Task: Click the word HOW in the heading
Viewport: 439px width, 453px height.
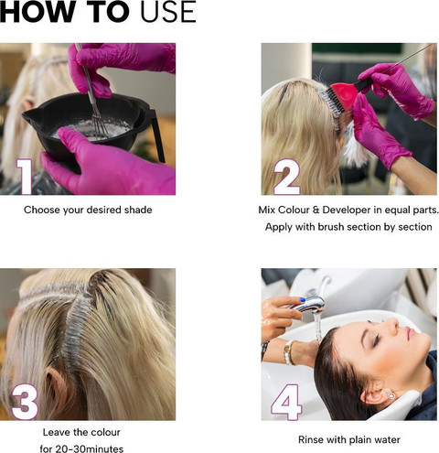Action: [x=37, y=12]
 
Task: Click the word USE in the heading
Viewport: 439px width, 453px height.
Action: [x=168, y=12]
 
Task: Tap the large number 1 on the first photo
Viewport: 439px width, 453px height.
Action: [x=25, y=176]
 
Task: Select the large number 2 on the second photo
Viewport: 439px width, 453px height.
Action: [x=287, y=177]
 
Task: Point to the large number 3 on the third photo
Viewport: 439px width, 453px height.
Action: [x=25, y=402]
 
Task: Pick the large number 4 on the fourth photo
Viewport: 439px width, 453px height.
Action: [x=286, y=402]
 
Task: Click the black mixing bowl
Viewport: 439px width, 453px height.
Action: [x=89, y=126]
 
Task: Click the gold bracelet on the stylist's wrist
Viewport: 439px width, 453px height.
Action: [x=289, y=352]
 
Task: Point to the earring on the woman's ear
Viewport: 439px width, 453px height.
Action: [x=391, y=395]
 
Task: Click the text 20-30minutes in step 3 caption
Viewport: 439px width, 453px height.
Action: [x=90, y=448]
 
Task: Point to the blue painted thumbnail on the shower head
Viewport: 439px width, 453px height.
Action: [x=303, y=299]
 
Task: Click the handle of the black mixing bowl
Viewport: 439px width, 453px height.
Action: [x=156, y=135]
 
